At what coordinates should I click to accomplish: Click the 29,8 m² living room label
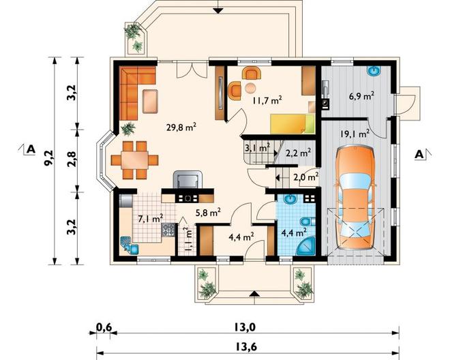(x=181, y=127)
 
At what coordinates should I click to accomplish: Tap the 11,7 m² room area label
(x=267, y=100)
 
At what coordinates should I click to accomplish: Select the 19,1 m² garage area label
(x=355, y=134)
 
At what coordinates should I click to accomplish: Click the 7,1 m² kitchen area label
(x=151, y=218)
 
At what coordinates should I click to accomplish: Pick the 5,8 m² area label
(x=208, y=213)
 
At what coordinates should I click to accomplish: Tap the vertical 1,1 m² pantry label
(x=188, y=239)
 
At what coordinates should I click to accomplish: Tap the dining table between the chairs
(x=134, y=160)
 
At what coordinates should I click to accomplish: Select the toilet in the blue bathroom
(x=307, y=222)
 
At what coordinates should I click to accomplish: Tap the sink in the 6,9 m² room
(x=374, y=71)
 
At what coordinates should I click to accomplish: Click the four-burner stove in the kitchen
(x=168, y=230)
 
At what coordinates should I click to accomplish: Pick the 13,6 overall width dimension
(x=247, y=347)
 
